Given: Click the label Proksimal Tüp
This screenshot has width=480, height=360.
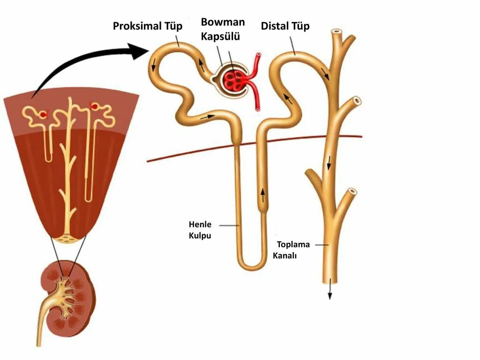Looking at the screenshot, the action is click(x=147, y=26).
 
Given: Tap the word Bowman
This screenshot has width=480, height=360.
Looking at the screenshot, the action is click(x=223, y=22).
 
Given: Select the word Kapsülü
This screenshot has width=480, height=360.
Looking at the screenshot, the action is click(x=220, y=37).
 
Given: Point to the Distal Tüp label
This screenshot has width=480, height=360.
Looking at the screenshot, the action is click(x=285, y=26).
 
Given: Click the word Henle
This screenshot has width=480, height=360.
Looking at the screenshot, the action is click(x=200, y=224).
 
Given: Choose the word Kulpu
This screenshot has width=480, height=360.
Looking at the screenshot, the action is click(x=200, y=235).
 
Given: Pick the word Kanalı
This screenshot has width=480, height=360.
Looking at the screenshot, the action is click(x=285, y=255).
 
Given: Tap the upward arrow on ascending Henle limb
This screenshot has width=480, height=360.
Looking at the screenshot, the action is click(x=262, y=194).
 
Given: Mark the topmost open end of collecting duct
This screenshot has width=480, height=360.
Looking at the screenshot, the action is click(x=336, y=34).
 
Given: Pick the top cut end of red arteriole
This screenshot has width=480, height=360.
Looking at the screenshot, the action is click(x=258, y=56).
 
